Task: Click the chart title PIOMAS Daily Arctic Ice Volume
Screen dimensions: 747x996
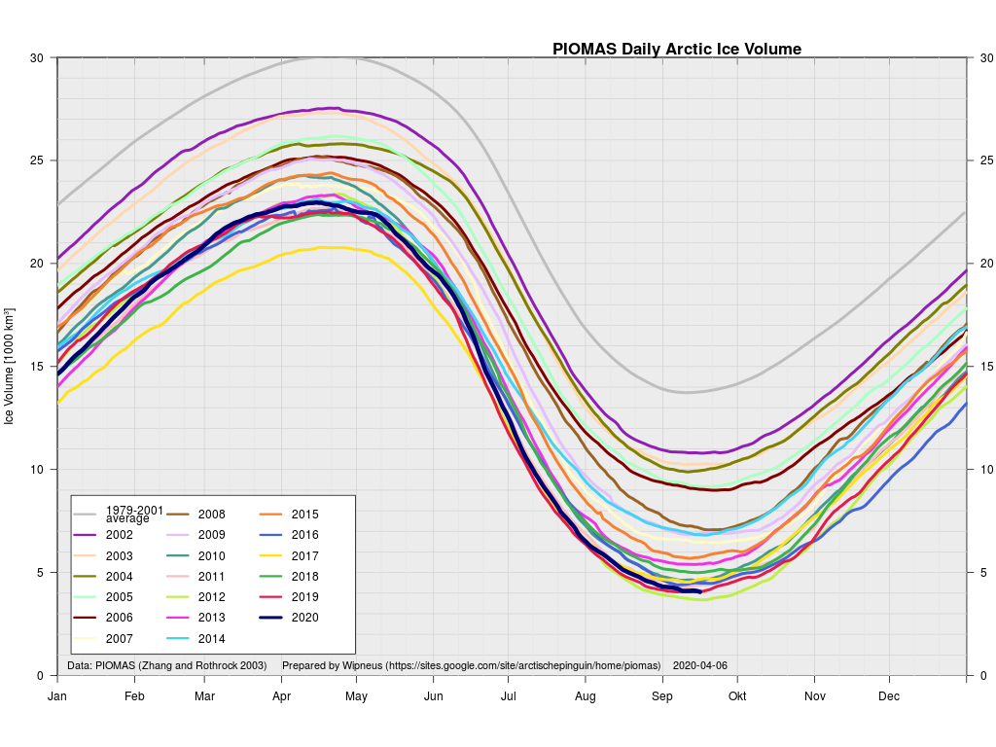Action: click(x=677, y=49)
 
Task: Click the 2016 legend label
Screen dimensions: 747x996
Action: click(x=304, y=535)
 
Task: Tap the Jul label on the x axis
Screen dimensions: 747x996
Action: click(x=508, y=696)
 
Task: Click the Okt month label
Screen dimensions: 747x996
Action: click(x=737, y=696)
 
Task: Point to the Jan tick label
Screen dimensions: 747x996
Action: click(x=57, y=696)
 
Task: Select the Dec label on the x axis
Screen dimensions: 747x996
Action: click(x=889, y=696)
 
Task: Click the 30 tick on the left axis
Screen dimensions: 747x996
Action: click(x=37, y=57)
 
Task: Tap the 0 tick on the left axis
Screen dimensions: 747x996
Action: click(x=40, y=675)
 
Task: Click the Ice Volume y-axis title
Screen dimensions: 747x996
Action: click(x=10, y=367)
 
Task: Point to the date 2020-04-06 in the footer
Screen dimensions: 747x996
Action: click(x=699, y=666)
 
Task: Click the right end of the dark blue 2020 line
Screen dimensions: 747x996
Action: click(x=700, y=591)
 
